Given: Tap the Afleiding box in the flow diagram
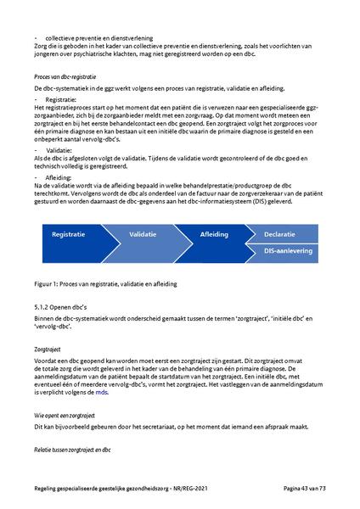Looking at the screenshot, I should pos(214,232).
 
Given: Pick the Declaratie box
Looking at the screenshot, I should pos(280,232).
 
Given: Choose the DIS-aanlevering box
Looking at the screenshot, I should pos(288,251).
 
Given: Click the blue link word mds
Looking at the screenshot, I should pos(102,417).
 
